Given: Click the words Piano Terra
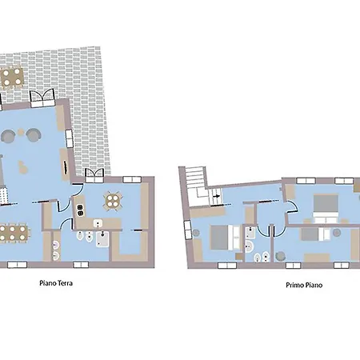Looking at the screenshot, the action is click(56, 283).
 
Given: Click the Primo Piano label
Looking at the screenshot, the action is click(304, 285).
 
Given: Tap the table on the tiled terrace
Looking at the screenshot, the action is click(12, 77).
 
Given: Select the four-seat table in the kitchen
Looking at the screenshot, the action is click(113, 201).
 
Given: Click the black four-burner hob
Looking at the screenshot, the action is click(80, 210).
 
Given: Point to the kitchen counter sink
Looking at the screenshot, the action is click(98, 223).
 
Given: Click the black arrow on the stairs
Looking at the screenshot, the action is click(218, 196).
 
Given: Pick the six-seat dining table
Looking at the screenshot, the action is click(13, 233).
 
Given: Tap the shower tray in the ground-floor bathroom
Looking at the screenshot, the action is click(102, 239).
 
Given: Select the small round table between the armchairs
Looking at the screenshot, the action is click(21, 131).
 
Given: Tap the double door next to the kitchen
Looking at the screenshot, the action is click(94, 176).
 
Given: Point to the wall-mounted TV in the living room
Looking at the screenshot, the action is click(65, 167).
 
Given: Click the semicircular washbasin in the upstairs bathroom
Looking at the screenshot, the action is click(249, 247).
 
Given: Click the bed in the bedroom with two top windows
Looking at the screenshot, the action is click(326, 209).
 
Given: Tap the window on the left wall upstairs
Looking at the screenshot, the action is click(188, 230).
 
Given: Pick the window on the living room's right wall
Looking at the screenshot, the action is click(70, 138).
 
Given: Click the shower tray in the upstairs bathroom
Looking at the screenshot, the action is click(250, 233).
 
